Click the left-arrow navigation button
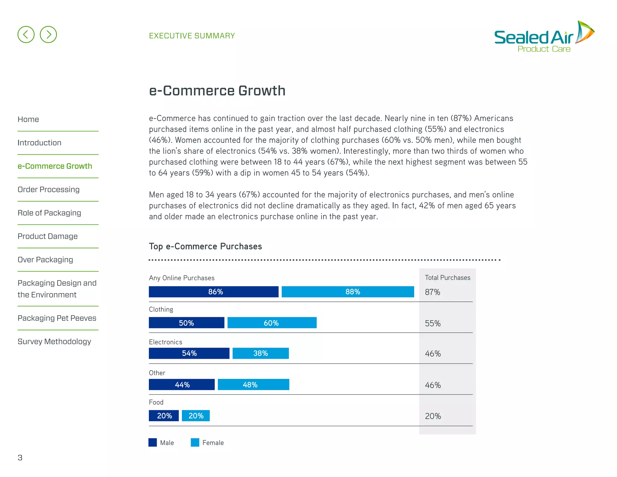[x=26, y=34]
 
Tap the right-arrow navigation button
[x=48, y=34]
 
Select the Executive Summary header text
[x=192, y=36]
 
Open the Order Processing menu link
[x=49, y=189]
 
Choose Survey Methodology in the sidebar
[x=54, y=341]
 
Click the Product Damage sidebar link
[x=48, y=236]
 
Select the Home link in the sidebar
[x=28, y=119]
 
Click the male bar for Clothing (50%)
[x=186, y=323]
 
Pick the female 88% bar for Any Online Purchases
[x=348, y=292]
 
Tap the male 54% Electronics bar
[x=189, y=353]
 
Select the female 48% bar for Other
[x=253, y=385]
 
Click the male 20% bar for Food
[x=164, y=416]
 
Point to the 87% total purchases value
[x=432, y=292]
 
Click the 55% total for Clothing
[x=433, y=324]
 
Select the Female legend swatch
[x=195, y=442]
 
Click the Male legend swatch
[x=153, y=442]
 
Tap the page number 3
[x=20, y=458]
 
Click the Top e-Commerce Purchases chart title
[x=205, y=246]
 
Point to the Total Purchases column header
[x=447, y=278]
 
